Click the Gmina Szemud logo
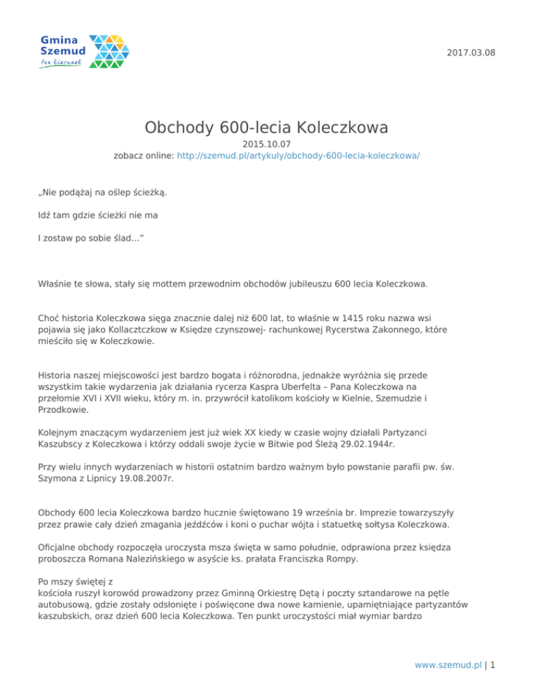(84, 52)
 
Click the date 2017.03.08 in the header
(471, 53)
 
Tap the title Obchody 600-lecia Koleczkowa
(266, 127)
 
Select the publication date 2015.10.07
(266, 144)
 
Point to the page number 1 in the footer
(492, 665)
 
